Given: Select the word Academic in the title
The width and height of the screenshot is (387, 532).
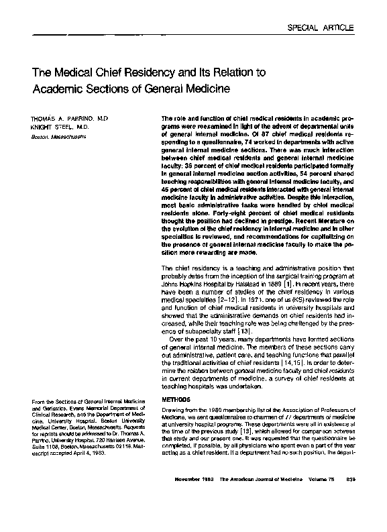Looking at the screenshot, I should pyautogui.click(x=56, y=88).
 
